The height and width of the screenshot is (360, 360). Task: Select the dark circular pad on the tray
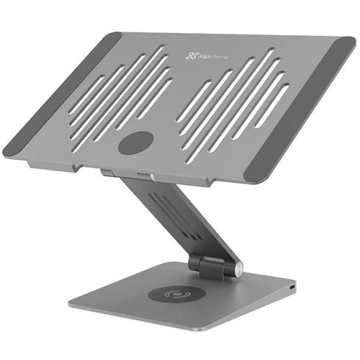pos(135,143)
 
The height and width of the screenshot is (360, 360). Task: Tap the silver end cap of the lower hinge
pos(238,269)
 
